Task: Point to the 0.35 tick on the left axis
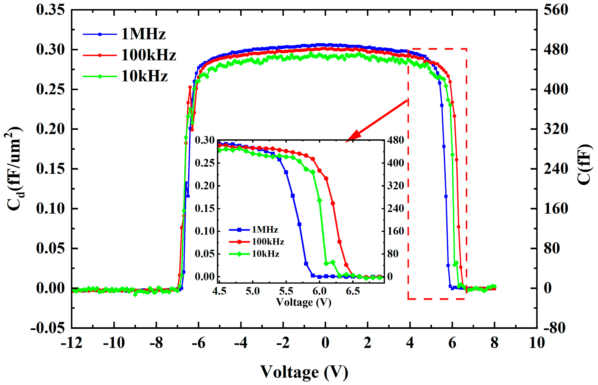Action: click(x=51, y=10)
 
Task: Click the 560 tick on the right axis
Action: click(x=556, y=10)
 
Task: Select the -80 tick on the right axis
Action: click(x=554, y=328)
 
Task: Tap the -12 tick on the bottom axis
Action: click(x=72, y=343)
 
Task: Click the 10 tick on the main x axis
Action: click(x=537, y=343)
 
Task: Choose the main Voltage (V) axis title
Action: click(x=304, y=372)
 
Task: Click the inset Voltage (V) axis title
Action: click(x=303, y=302)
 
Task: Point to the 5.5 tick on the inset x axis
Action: click(x=286, y=291)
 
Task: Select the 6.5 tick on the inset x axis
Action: click(x=353, y=291)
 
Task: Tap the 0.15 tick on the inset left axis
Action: click(x=205, y=208)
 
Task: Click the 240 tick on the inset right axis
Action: click(x=396, y=208)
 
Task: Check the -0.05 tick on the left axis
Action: click(x=47, y=328)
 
